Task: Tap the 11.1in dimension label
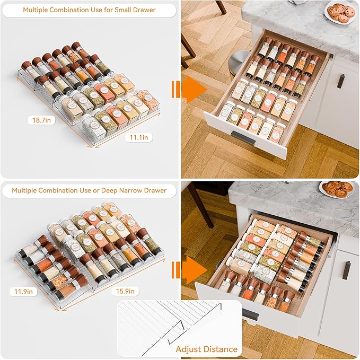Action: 139,137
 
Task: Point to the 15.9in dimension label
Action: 126,291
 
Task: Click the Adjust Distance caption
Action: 207,349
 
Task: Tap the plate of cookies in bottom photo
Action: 338,188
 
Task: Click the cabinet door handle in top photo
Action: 341,82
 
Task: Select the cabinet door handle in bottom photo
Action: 348,270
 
